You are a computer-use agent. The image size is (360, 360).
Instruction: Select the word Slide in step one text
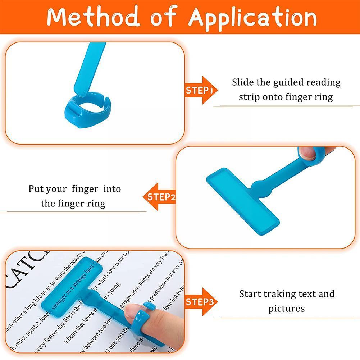[x=243, y=82]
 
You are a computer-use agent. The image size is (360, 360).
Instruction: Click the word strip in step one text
[x=248, y=97]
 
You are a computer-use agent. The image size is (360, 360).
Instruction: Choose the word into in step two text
[x=111, y=189]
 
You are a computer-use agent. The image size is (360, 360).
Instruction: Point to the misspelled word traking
[x=284, y=294]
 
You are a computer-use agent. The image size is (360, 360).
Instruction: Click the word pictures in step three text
[x=286, y=309]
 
